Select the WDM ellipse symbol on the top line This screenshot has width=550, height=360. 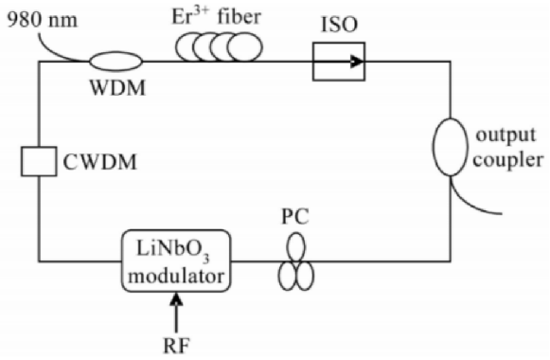(115, 62)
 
